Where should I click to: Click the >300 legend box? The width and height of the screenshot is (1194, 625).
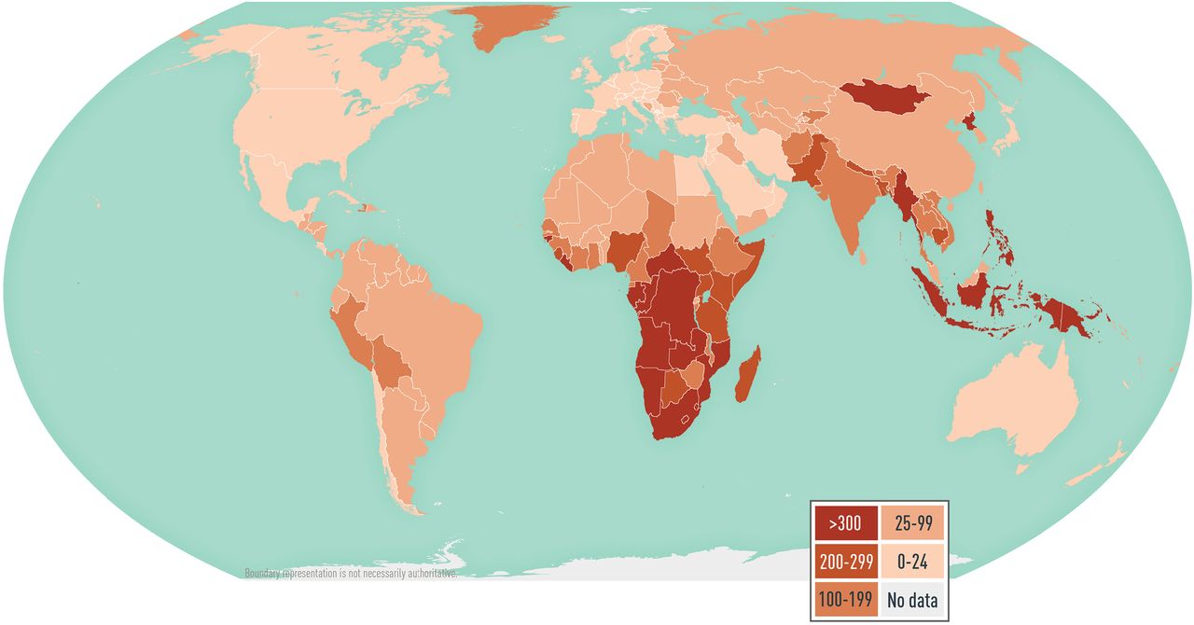pos(845,523)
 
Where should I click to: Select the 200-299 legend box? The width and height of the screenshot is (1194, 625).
pos(845,562)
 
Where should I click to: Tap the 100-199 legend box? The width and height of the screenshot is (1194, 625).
pos(845,600)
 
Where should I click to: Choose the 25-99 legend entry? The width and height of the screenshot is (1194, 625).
pos(912,523)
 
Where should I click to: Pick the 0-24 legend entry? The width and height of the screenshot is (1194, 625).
pos(912,562)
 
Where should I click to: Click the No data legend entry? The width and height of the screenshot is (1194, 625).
pos(912,600)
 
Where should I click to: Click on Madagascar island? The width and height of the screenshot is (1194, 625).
pos(748,375)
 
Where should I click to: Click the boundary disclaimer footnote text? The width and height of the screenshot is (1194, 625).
pos(351,574)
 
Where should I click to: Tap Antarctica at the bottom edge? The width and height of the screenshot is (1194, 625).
pos(653,563)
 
